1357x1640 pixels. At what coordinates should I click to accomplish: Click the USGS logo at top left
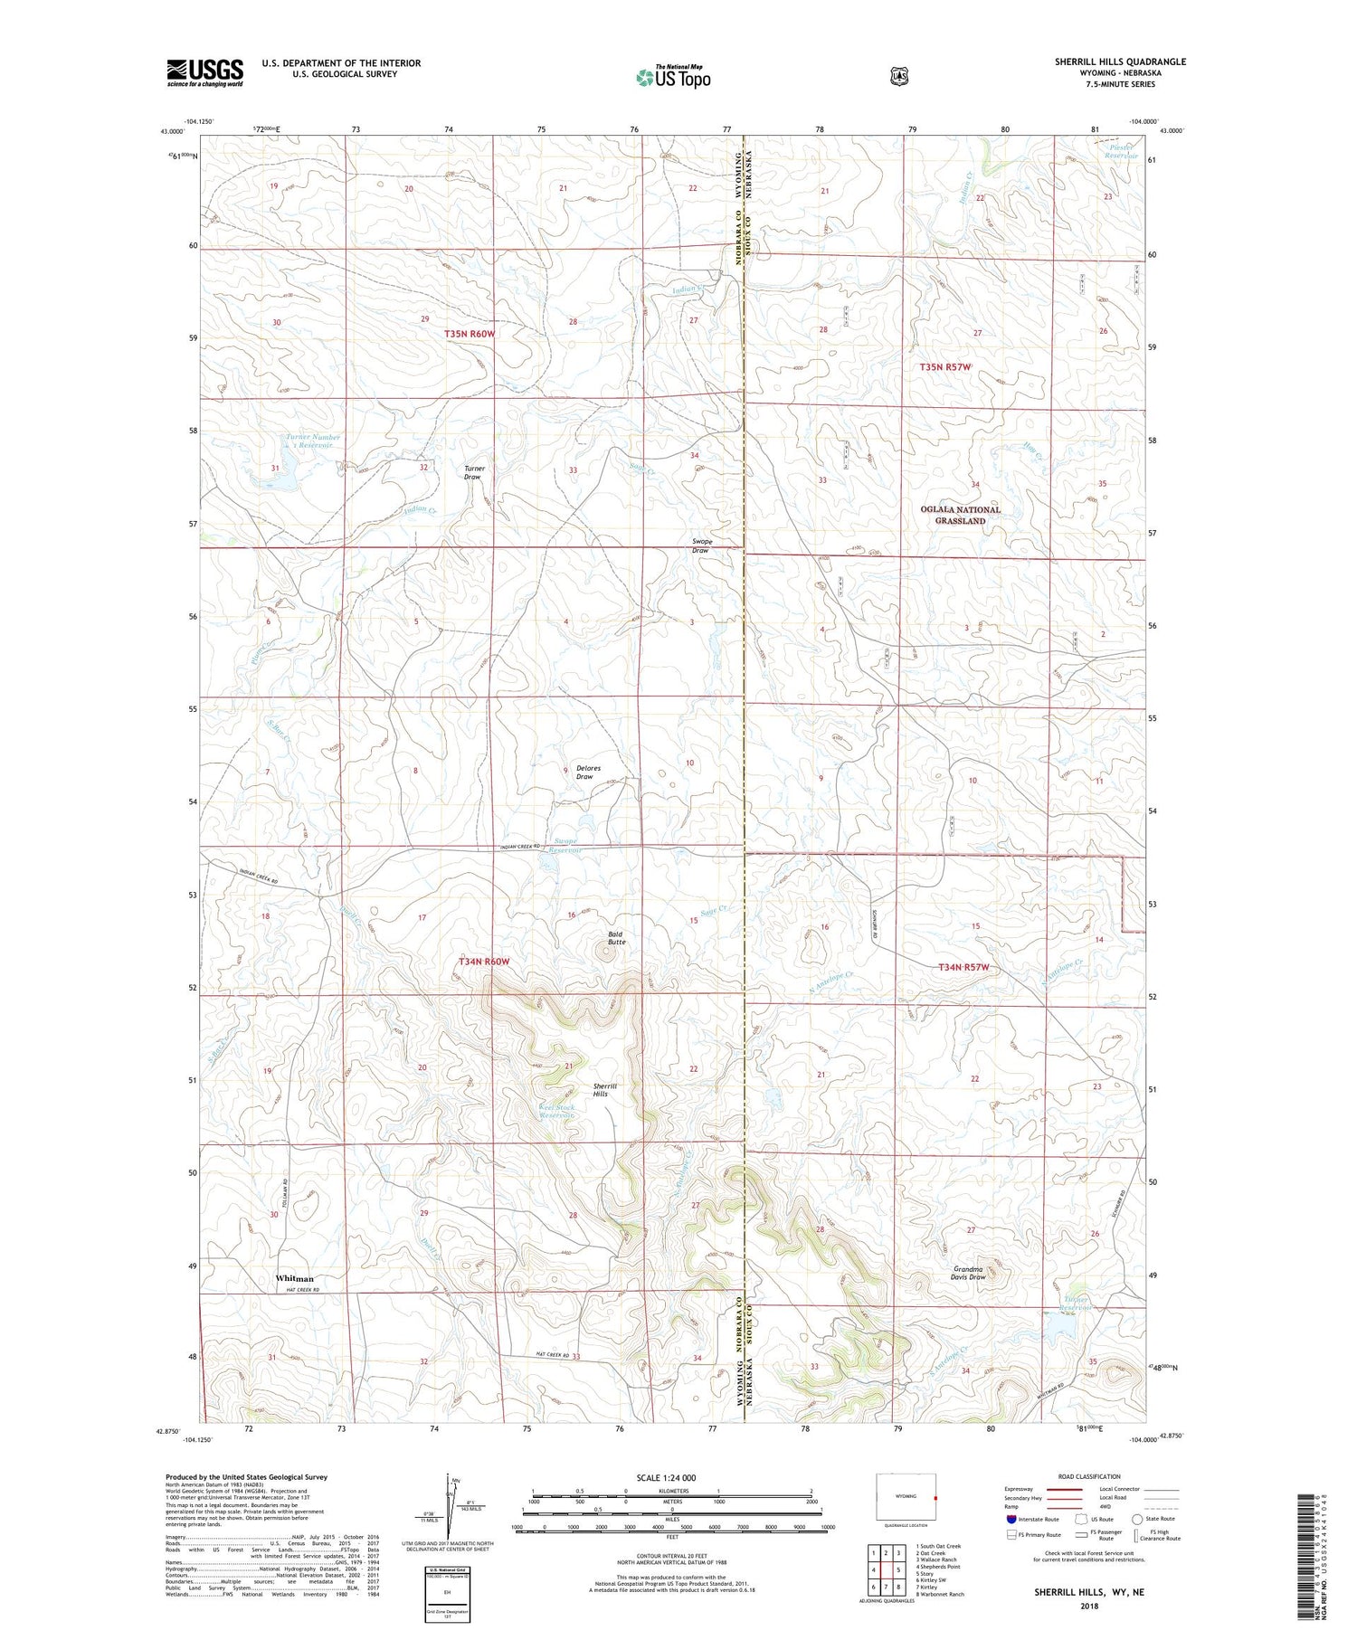[204, 72]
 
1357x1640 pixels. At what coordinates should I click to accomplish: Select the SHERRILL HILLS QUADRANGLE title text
[1119, 62]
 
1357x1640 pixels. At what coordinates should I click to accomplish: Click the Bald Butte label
[616, 938]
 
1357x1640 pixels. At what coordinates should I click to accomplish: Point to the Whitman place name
[295, 1278]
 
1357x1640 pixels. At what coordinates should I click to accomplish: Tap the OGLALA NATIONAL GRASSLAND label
[960, 515]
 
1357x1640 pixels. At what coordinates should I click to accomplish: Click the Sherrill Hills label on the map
[606, 1090]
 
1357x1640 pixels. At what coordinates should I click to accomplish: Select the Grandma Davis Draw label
[969, 1273]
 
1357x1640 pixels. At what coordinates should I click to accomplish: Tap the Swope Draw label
[701, 546]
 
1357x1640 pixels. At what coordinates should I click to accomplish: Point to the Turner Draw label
[474, 472]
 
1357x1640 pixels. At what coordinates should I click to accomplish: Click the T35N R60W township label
[470, 334]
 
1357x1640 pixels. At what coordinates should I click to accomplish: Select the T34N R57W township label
[963, 967]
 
